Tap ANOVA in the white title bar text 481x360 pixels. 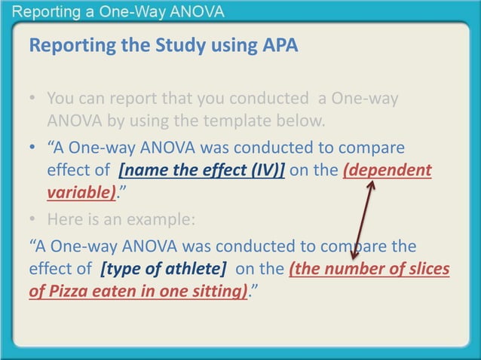point(196,13)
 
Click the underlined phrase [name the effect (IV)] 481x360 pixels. point(201,169)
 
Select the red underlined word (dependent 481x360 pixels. point(388,169)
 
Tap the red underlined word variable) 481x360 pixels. point(81,192)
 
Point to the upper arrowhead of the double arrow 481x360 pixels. point(371,181)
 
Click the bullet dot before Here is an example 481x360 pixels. point(34,220)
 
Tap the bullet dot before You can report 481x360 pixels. point(34,99)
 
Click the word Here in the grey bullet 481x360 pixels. point(63,220)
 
